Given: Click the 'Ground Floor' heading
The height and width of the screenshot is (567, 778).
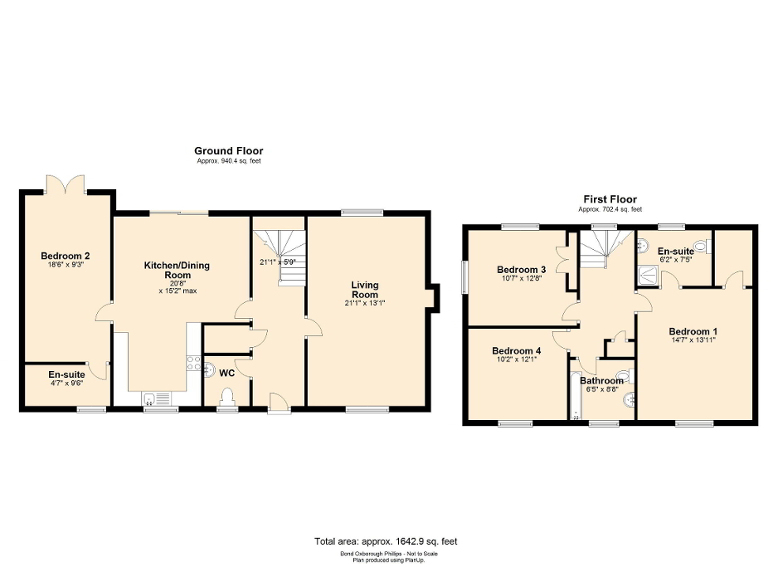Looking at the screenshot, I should coord(228,150).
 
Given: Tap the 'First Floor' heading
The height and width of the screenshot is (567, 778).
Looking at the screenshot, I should coord(609,199).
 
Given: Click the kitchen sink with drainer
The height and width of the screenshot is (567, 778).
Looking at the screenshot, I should coord(157,398).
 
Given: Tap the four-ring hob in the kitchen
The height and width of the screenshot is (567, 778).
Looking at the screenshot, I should coord(193,362).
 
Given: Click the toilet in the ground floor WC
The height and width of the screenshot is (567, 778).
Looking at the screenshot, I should coord(226,397).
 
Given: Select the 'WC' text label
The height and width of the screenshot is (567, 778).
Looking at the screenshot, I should coord(227,373).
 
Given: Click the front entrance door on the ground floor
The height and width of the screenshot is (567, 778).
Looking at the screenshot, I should coord(280,404).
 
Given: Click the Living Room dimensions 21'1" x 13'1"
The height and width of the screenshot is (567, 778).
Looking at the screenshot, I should coord(365,303).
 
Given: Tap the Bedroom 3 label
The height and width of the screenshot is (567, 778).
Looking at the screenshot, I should coord(521,269).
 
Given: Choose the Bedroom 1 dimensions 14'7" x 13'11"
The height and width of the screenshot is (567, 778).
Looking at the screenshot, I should coord(692,340).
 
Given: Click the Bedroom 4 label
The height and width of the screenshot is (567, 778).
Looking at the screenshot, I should coord(515,351).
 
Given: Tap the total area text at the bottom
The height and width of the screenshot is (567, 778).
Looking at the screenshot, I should coord(386,541).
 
